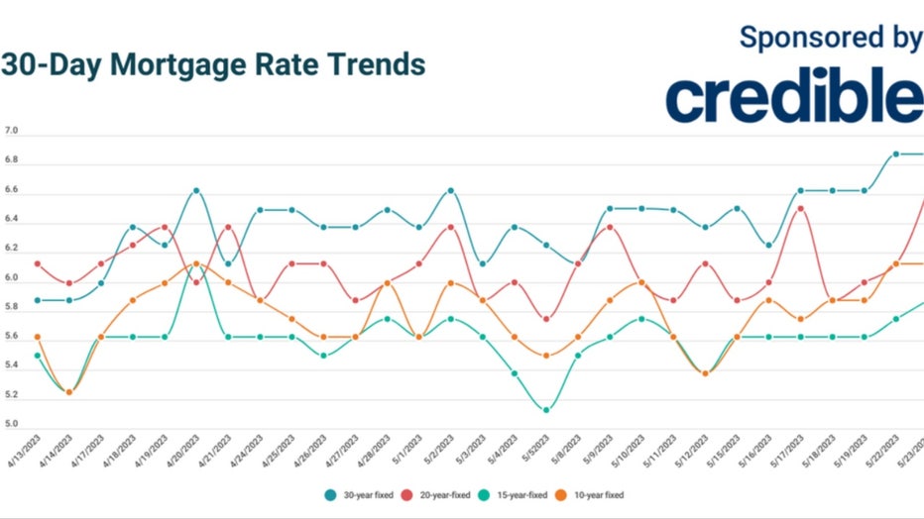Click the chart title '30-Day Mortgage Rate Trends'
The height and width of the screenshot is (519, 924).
[x=213, y=65]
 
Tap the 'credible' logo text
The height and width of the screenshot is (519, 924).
[x=793, y=95]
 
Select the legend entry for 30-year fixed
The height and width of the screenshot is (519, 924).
[x=361, y=493]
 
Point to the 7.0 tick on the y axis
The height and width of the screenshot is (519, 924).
[x=11, y=132]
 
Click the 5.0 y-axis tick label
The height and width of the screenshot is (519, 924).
[x=11, y=425]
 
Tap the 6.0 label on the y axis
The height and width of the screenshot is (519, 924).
[x=11, y=278]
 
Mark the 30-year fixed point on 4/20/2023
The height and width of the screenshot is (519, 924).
[x=196, y=190]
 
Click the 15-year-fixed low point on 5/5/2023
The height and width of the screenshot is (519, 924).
[x=546, y=409]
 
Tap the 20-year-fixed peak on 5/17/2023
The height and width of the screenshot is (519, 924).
[x=800, y=208]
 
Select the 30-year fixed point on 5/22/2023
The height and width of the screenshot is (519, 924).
[x=895, y=154]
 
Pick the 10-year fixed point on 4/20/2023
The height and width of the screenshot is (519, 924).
[x=196, y=263]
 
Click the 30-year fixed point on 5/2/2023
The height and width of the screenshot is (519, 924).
[x=450, y=190]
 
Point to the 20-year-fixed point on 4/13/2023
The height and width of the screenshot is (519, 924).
[x=38, y=263]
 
